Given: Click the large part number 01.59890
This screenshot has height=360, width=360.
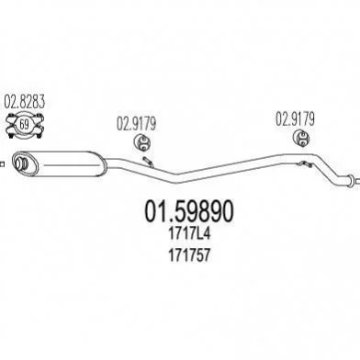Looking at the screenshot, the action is pyautogui.click(x=189, y=211).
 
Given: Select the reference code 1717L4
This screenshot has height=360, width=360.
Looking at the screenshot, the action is pyautogui.click(x=189, y=234).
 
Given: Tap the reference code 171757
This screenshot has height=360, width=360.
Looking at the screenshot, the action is pyautogui.click(x=189, y=254).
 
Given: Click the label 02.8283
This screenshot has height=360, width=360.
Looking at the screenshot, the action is pyautogui.click(x=25, y=102).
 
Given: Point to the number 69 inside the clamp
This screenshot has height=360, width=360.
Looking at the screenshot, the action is pyautogui.click(x=24, y=125).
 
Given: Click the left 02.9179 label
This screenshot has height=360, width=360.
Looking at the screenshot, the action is pyautogui.click(x=136, y=124).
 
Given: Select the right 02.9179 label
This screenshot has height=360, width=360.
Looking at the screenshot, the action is pyautogui.click(x=295, y=119).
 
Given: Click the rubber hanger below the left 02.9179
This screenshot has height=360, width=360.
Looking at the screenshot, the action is pyautogui.click(x=142, y=142).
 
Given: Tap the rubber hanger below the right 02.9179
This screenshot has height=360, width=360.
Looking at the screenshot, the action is pyautogui.click(x=301, y=139).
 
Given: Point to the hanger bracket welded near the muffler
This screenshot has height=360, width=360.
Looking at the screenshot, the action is pyautogui.click(x=149, y=162).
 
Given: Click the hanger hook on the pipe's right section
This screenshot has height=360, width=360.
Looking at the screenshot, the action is pyautogui.click(x=304, y=164).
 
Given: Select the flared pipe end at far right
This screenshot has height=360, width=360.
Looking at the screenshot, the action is pyautogui.click(x=349, y=180).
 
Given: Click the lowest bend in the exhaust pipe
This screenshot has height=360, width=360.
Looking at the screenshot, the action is pyautogui.click(x=175, y=178).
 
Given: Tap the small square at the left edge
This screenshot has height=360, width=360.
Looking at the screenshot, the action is pyautogui.click(x=2, y=164).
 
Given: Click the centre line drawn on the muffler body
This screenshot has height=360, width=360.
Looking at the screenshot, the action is pyautogui.click(x=73, y=165).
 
